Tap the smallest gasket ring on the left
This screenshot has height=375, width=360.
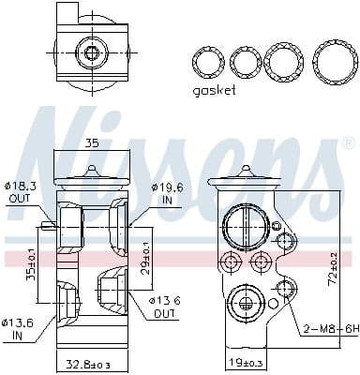[x=207, y=63]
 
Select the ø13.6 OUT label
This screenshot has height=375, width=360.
[x=166, y=305]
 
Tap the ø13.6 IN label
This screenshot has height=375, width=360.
[x=18, y=328]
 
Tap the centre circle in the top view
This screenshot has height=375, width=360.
[x=91, y=51]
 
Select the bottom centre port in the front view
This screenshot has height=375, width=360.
[x=244, y=303]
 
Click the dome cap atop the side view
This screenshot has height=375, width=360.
[x=90, y=172]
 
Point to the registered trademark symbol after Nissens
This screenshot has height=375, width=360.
[x=349, y=143]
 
